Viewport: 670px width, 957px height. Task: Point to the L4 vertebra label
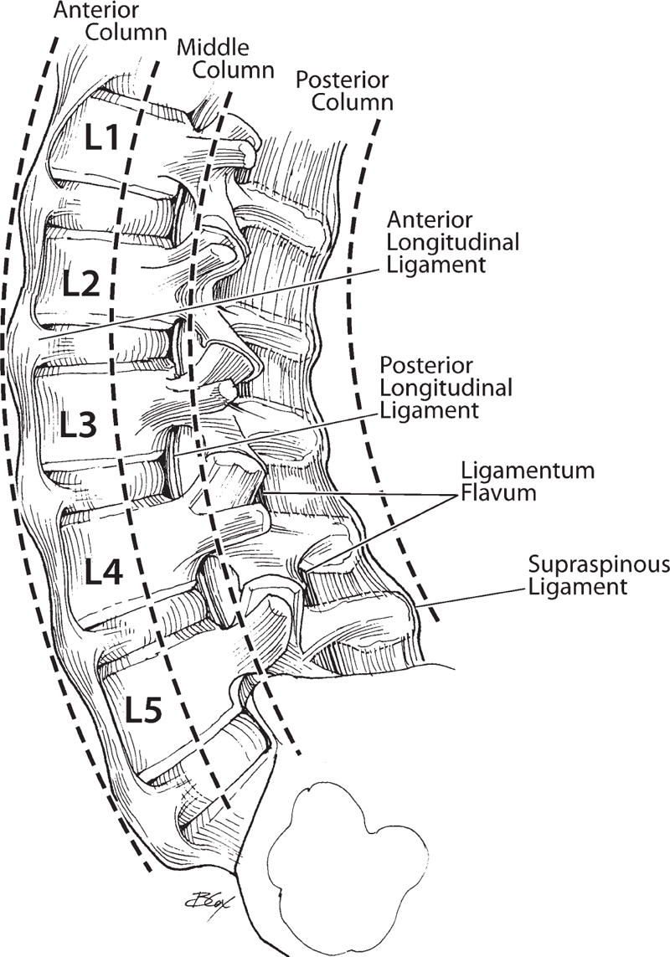pos(104,571)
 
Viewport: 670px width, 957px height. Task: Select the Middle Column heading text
pos(225,59)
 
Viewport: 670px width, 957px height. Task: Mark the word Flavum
pos(497,493)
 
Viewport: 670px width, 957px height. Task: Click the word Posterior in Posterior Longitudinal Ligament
pos(426,366)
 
